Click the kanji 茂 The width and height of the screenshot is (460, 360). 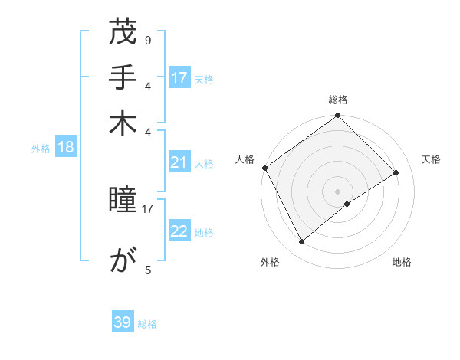click(x=123, y=34)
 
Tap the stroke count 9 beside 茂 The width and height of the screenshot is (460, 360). click(x=147, y=40)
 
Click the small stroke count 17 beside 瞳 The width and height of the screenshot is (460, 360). click(x=148, y=208)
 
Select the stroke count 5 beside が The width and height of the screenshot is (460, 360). click(x=147, y=270)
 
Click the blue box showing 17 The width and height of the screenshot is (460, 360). click(x=179, y=78)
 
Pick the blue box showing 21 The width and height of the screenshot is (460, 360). click(x=179, y=162)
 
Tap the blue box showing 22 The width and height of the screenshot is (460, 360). click(x=179, y=232)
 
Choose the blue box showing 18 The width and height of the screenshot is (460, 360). click(x=66, y=148)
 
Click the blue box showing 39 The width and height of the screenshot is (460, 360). click(x=123, y=322)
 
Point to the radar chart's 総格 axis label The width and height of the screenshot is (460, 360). click(x=337, y=100)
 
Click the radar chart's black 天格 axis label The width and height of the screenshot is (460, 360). click(x=431, y=159)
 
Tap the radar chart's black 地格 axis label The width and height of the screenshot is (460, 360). click(x=402, y=262)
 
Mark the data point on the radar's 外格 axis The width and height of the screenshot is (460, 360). click(x=302, y=242)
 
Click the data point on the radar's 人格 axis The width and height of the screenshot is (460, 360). click(x=264, y=168)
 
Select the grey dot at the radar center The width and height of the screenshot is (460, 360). click(x=337, y=191)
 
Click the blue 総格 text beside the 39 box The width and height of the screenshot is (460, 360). click(x=147, y=324)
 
